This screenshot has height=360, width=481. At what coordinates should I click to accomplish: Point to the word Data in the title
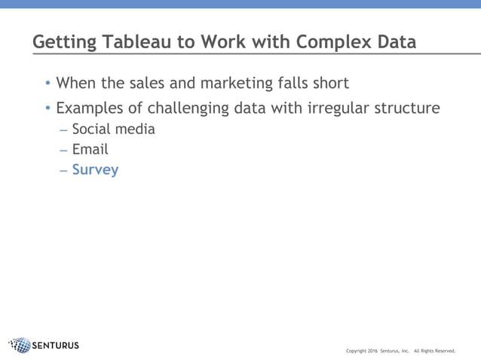pyautogui.click(x=396, y=41)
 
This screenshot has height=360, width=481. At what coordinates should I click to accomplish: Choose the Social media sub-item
pyautogui.click(x=113, y=129)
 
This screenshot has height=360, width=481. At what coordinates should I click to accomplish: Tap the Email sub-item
pyautogui.click(x=90, y=149)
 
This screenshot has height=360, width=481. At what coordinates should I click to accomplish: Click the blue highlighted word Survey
pyautogui.click(x=95, y=170)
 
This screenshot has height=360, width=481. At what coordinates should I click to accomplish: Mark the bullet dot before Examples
pyautogui.click(x=48, y=108)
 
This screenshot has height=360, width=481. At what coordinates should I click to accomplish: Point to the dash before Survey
pyautogui.click(x=64, y=170)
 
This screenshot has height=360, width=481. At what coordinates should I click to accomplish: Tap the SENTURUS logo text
pyautogui.click(x=56, y=346)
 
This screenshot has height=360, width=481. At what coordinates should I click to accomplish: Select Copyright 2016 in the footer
pyautogui.click(x=361, y=351)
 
